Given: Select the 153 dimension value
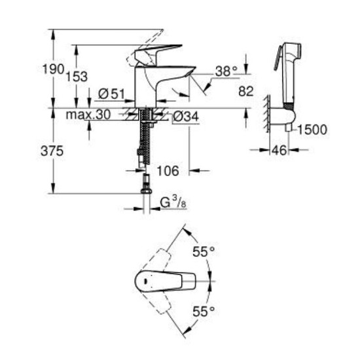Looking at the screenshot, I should click(77, 76).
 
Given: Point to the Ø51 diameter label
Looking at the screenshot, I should click(112, 94).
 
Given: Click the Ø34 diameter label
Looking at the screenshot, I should click(186, 117).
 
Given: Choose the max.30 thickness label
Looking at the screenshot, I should click(88, 115).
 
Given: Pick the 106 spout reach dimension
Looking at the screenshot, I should click(168, 171).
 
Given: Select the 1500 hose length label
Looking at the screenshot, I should click(311, 130).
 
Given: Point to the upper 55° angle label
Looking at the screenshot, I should click(204, 251).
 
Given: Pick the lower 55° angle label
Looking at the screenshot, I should click(204, 310).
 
